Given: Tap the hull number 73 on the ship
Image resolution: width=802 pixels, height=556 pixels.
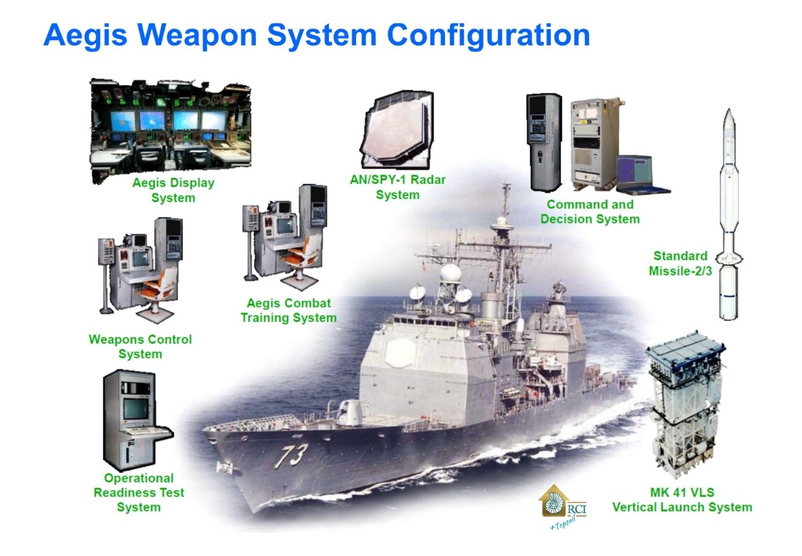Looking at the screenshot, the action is (x=291, y=456).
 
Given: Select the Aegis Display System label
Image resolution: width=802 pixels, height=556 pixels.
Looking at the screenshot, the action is (x=173, y=190).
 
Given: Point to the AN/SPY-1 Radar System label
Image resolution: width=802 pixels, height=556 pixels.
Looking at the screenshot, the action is (x=398, y=187).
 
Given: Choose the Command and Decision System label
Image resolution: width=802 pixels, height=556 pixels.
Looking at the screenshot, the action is (x=590, y=211).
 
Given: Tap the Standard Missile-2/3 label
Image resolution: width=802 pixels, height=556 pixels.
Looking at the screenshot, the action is (x=680, y=263).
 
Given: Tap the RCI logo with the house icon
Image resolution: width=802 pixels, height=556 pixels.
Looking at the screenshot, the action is (x=563, y=506).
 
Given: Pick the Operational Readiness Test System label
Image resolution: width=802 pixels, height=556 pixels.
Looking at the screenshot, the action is (x=139, y=492).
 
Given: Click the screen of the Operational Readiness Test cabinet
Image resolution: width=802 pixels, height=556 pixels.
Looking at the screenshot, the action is (x=136, y=409).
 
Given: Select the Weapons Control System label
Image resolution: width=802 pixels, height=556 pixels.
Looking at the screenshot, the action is (x=141, y=347).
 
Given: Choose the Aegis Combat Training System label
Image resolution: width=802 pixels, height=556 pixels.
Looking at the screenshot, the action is (x=289, y=311).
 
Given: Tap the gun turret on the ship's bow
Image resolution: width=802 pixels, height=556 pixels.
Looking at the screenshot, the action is (x=349, y=411).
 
